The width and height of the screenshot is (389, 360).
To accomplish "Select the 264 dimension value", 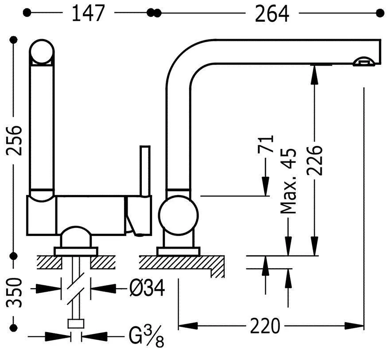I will coord(272,14).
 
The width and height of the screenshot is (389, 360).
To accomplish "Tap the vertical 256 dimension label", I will coord(14,141).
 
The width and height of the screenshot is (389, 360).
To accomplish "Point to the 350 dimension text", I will coord(14,293).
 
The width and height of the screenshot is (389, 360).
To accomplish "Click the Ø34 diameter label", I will coord(148,290).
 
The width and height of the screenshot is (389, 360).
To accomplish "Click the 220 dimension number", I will coord(265,326).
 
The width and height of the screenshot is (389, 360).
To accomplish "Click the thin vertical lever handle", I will coord(145,171).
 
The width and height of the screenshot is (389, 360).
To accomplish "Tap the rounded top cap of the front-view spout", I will coord(42,52).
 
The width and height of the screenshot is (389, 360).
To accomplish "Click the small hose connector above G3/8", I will coord(76,323).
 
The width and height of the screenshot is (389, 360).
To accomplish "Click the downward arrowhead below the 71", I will coord(266,186).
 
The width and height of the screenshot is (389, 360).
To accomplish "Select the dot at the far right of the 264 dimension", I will coord(380,13).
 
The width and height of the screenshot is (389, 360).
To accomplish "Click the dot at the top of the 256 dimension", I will coord(14,40).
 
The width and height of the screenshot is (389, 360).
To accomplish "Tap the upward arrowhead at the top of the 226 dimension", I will coord(315,74).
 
